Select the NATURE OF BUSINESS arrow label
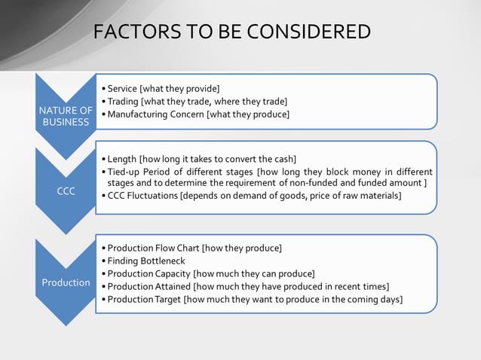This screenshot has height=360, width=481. pyautogui.click(x=66, y=116)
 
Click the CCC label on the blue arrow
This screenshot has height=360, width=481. pyautogui.click(x=66, y=191)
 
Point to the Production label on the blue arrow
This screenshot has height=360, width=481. pyautogui.click(x=66, y=282)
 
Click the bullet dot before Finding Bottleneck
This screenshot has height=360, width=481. pyautogui.click(x=103, y=261)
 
